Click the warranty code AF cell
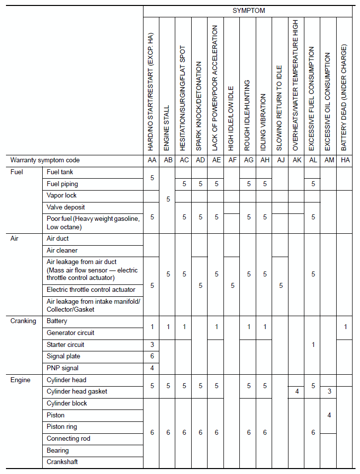coord(232,160)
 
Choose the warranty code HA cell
coord(345,160)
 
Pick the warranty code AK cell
coord(296,160)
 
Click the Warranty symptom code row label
coord(45,160)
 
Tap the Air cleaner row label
coord(62,251)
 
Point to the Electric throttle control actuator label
coord(91,289)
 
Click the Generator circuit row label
coord(71,333)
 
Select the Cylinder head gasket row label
coord(77,391)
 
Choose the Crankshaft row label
coord(62,462)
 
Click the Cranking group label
coord(23,321)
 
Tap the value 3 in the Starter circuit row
coord(152,344)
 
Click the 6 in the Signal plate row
coord(152,356)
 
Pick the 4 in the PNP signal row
coord(152,368)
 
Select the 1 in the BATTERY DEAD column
coord(345,327)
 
